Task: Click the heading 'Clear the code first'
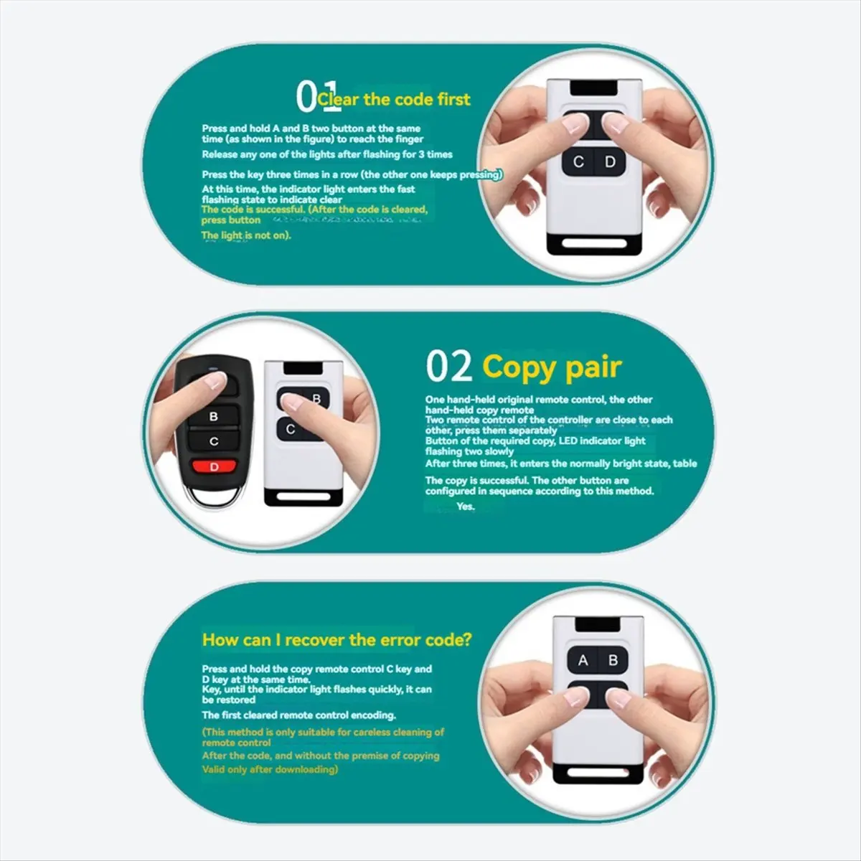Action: click(x=393, y=99)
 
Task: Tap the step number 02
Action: click(x=449, y=367)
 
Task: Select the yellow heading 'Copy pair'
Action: click(x=551, y=367)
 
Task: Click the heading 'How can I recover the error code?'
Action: click(x=337, y=639)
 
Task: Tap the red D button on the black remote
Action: click(x=214, y=467)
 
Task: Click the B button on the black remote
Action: click(x=213, y=416)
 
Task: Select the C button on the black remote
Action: click(x=213, y=441)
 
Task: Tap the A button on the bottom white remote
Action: click(x=583, y=660)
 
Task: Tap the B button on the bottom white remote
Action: click(x=613, y=660)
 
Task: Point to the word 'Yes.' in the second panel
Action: click(x=466, y=507)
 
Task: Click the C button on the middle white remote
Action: click(x=291, y=429)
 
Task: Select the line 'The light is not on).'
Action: click(x=246, y=235)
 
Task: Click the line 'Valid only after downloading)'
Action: click(x=270, y=769)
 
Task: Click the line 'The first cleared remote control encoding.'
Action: click(x=298, y=715)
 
